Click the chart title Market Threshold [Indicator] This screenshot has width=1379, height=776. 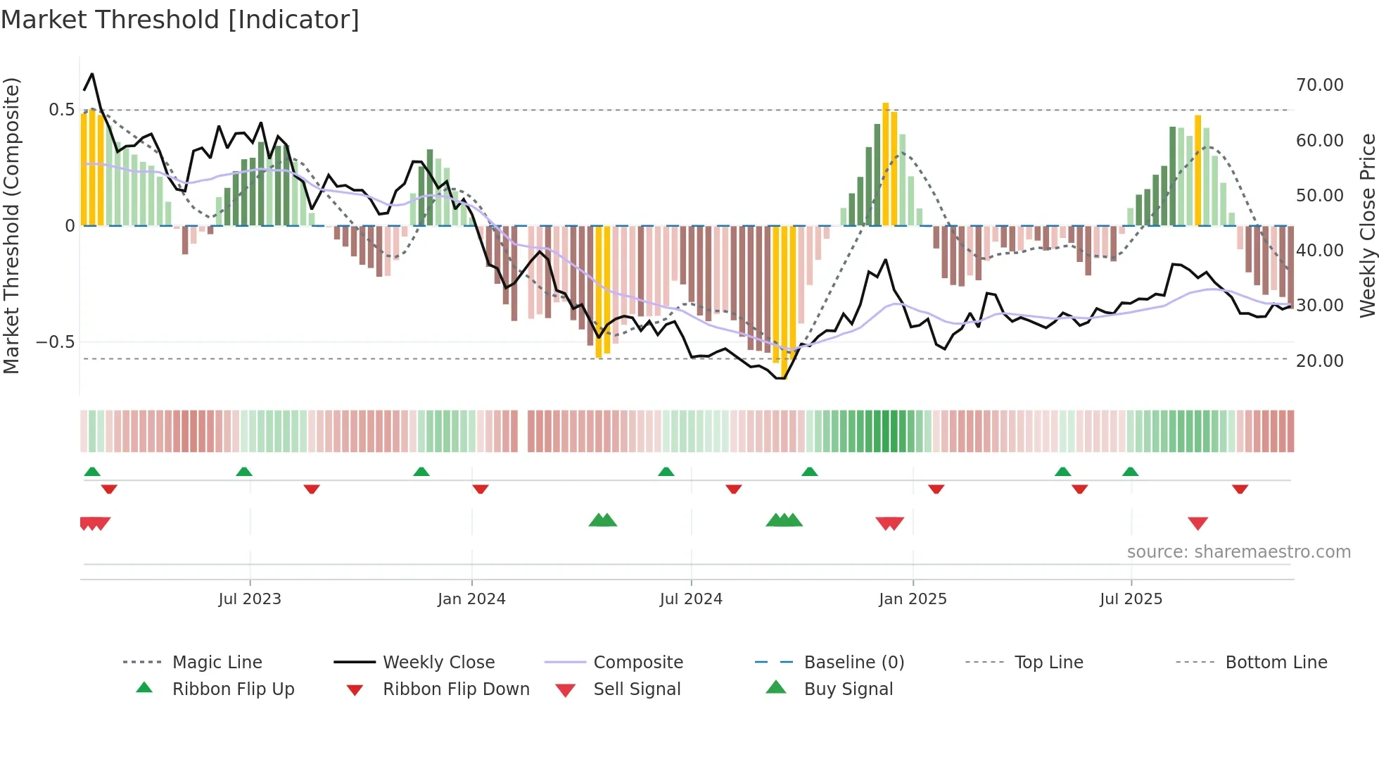[x=180, y=20]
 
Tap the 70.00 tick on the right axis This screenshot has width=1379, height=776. [x=1319, y=85]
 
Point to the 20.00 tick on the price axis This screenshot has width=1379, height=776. [x=1319, y=361]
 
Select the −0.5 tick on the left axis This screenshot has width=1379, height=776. [x=55, y=342]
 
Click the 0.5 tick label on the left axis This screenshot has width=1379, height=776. [x=61, y=110]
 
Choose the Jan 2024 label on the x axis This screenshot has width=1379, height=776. [x=471, y=599]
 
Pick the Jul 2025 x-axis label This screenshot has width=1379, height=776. [x=1131, y=599]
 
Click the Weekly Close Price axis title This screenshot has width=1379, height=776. [x=1367, y=225]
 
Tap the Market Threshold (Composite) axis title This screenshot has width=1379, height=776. [x=11, y=225]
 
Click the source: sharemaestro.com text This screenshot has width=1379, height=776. [x=1238, y=552]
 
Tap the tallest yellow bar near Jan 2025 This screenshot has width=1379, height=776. [x=886, y=164]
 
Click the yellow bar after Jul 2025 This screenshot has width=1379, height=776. [x=1198, y=170]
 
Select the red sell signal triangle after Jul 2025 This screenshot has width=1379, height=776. [x=1197, y=523]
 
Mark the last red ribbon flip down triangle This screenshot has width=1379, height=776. [x=1240, y=489]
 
